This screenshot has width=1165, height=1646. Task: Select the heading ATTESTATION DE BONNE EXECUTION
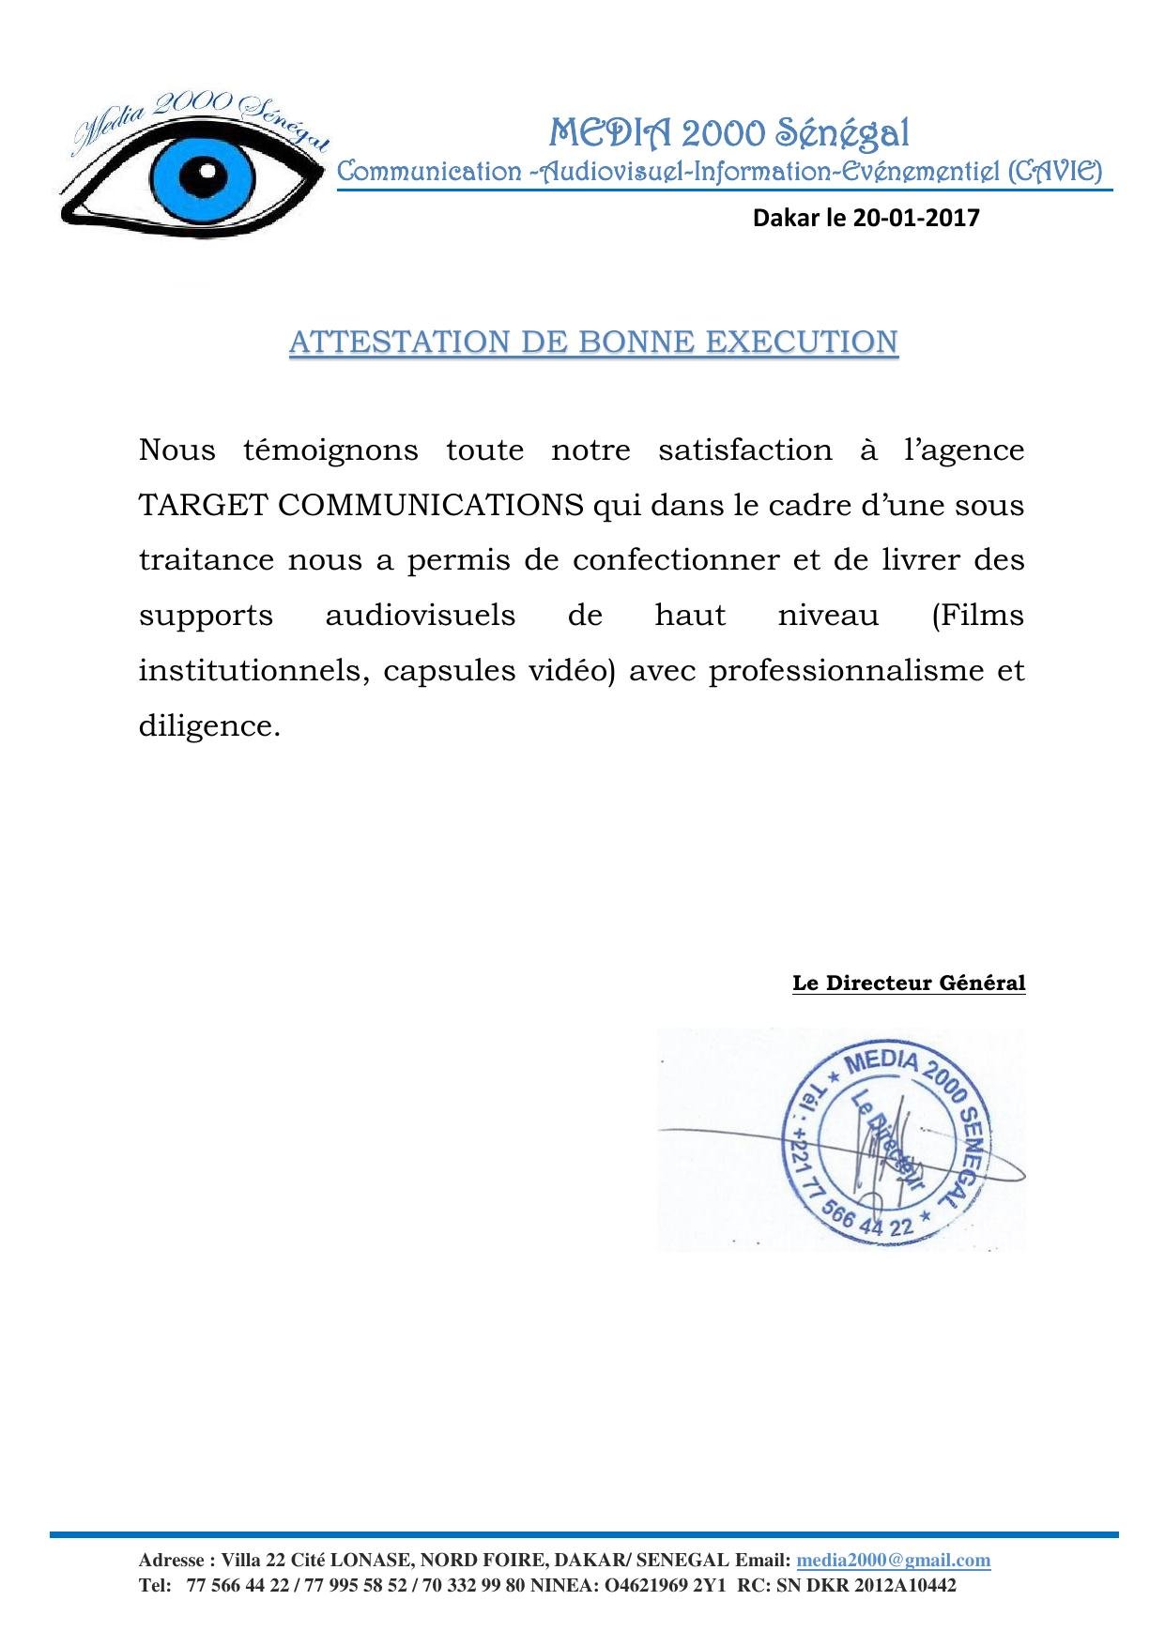tap(593, 343)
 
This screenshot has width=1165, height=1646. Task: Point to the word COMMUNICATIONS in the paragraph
tap(431, 506)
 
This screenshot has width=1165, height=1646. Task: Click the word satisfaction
tap(744, 450)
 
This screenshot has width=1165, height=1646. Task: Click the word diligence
tap(209, 726)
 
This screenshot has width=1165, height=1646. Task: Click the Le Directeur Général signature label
tap(909, 983)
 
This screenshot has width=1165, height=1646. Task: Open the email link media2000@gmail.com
tap(893, 1561)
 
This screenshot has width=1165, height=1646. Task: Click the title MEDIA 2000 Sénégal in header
tap(728, 133)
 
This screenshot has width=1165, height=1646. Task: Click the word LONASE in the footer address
tap(370, 1561)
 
